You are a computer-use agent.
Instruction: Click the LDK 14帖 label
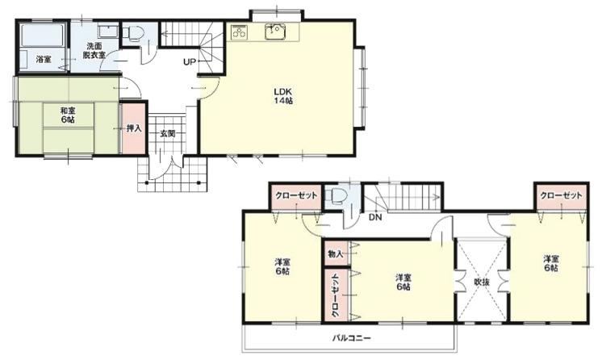[283, 96]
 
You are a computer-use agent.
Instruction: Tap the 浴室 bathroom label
[44, 60]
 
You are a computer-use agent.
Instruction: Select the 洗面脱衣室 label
[94, 50]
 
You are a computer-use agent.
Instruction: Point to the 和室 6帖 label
[68, 115]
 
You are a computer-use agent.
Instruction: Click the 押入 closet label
[134, 128]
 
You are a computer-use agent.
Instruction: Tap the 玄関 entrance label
[167, 133]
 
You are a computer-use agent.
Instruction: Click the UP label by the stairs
[190, 62]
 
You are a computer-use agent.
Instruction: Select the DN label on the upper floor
[375, 217]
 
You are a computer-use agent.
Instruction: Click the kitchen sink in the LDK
[275, 31]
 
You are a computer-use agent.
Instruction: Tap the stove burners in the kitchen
[240, 32]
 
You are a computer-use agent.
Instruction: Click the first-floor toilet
[133, 33]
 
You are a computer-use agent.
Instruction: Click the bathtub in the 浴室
[42, 36]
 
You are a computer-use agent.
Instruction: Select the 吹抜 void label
[482, 282]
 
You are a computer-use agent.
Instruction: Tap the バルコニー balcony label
[351, 338]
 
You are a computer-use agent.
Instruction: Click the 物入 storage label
[335, 254]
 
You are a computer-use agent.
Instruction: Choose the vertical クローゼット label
[335, 295]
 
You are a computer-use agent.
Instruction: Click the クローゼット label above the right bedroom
[561, 195]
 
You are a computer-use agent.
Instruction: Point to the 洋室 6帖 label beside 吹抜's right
[551, 263]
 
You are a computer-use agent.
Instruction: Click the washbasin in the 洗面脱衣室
[108, 31]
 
